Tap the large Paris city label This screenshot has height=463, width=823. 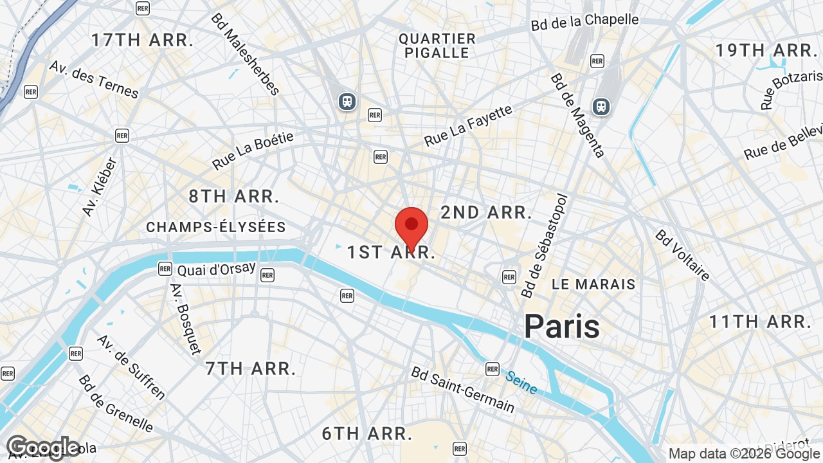[561, 326]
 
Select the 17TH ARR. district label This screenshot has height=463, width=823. [142, 40]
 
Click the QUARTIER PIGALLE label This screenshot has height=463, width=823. [437, 46]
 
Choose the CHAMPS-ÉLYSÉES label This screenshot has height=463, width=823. [216, 227]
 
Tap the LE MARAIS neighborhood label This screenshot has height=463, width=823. [593, 284]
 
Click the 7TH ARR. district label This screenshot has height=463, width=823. [251, 368]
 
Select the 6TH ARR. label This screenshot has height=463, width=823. [366, 433]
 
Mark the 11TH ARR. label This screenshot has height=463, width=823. [759, 321]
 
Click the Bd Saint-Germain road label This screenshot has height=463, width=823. [463, 390]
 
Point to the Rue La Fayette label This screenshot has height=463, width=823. [468, 125]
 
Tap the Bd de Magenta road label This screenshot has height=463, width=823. [577, 115]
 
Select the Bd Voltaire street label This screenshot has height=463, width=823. [682, 255]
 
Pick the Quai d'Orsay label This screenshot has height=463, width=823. [216, 269]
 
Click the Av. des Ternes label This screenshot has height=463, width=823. [94, 79]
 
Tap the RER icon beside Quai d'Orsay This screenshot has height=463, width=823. [165, 269]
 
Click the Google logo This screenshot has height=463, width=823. [43, 448]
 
